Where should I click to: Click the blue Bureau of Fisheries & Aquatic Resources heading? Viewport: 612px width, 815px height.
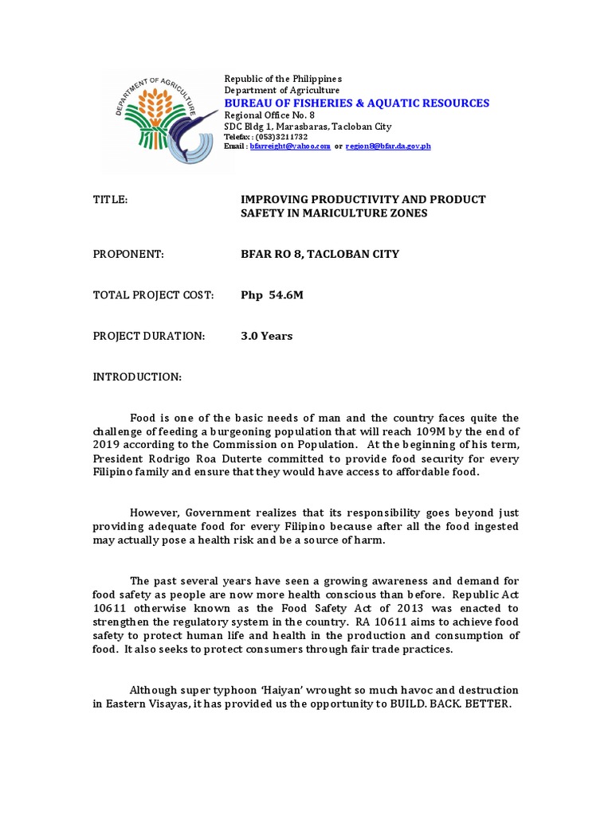pos(356,103)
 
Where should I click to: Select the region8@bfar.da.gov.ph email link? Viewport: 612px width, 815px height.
pos(387,146)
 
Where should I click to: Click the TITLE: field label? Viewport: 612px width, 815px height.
pos(111,199)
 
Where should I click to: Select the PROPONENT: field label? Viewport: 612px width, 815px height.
pos(128,254)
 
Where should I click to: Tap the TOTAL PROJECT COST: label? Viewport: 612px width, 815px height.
pos(154,295)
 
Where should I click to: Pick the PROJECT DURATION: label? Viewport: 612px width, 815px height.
pos(149,336)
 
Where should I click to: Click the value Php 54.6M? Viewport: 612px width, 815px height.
pos(272,295)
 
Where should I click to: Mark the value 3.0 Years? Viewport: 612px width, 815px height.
pos(267,336)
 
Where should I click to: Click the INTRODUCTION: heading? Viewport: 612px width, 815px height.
pos(138,376)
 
